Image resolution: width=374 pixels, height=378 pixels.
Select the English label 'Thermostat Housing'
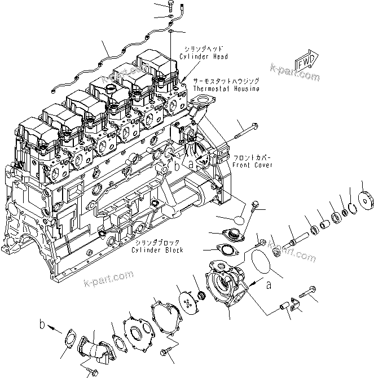(226, 89)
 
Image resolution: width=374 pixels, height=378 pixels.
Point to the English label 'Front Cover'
(251, 165)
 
